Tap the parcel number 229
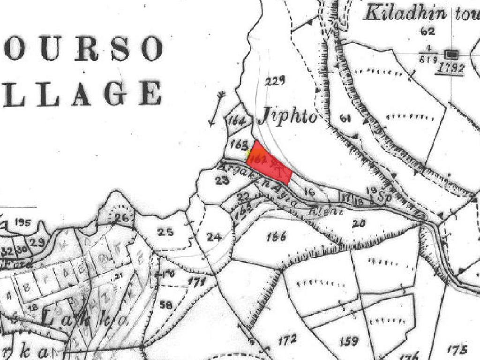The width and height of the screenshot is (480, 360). [275, 82]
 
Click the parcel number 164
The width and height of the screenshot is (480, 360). [237, 121]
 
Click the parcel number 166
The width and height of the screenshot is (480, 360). [276, 237]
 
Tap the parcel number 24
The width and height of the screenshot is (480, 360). [214, 237]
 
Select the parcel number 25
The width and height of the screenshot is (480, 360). [165, 232]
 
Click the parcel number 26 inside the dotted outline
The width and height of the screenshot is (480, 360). [121, 218]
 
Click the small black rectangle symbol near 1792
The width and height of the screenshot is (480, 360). [453, 53]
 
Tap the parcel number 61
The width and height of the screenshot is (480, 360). [345, 119]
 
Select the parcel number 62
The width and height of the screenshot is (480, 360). [428, 32]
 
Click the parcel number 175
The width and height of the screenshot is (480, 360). [457, 349]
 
